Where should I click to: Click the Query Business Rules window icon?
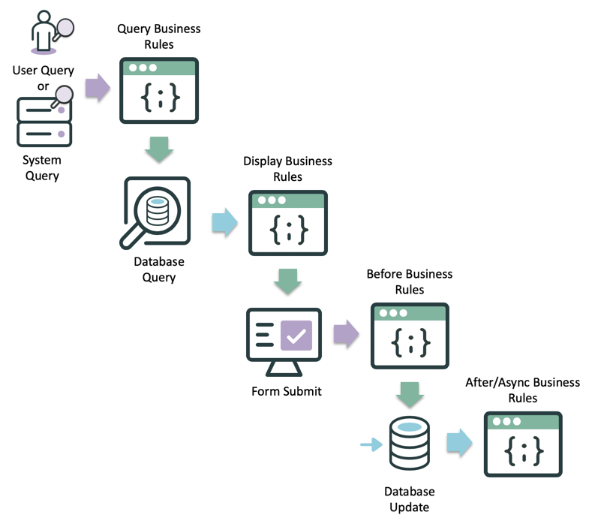(159, 90)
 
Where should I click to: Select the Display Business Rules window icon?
(287, 223)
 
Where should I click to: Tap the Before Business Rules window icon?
(410, 336)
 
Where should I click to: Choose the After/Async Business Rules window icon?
(523, 444)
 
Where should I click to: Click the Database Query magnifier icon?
(155, 212)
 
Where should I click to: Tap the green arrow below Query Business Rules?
(159, 149)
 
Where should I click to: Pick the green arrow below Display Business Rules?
(287, 282)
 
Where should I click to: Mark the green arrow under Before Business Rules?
(410, 394)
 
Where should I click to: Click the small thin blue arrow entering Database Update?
(371, 445)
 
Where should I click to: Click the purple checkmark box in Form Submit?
(296, 335)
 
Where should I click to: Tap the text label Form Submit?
(287, 391)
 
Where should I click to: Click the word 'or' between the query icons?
(44, 86)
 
